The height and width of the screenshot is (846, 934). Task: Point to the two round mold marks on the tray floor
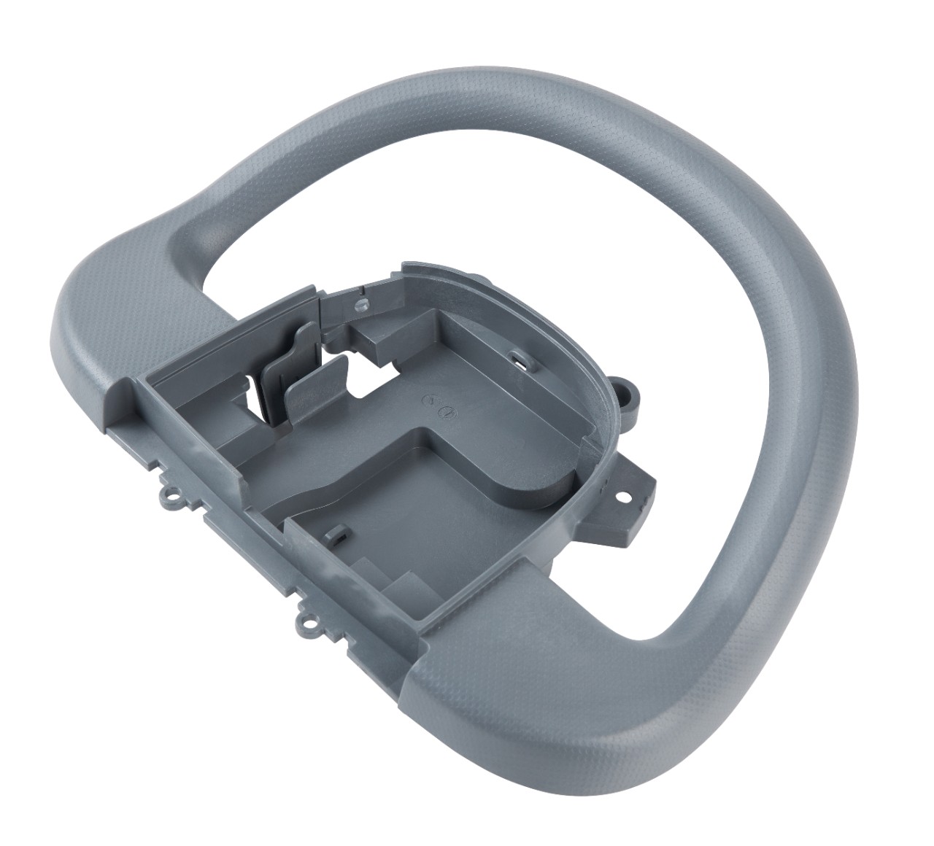tap(441, 406)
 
